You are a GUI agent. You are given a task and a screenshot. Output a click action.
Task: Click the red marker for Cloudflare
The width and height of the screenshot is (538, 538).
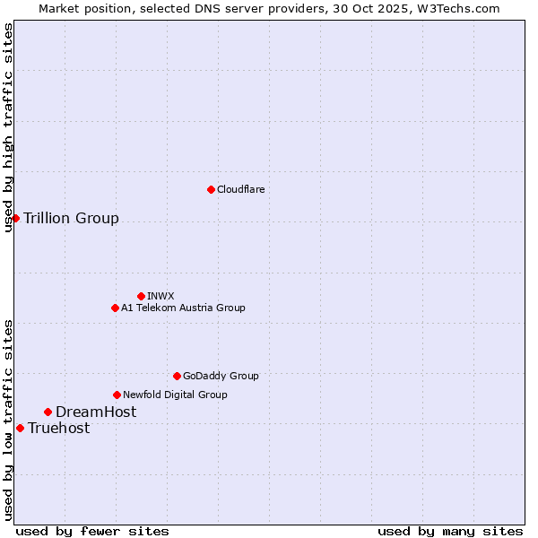pyautogui.click(x=211, y=189)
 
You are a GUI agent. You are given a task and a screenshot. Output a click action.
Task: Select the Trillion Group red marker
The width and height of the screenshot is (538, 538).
pyautogui.click(x=15, y=218)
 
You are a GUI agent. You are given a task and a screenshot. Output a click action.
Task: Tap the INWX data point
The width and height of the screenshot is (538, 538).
pyautogui.click(x=141, y=296)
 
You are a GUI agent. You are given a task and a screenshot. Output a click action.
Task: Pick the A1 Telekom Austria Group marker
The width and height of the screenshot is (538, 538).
pyautogui.click(x=115, y=308)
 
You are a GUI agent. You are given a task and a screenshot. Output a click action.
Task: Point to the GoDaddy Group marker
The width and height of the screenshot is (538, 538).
pyautogui.click(x=177, y=376)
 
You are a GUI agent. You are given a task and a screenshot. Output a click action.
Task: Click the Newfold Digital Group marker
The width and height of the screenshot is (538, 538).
pyautogui.click(x=117, y=395)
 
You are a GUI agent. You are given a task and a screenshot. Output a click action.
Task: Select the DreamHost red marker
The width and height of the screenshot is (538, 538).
pyautogui.click(x=48, y=412)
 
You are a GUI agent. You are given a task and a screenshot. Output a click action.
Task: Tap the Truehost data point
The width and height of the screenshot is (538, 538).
pyautogui.click(x=20, y=428)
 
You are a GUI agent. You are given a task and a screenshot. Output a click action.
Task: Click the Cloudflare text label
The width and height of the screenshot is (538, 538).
pyautogui.click(x=240, y=189)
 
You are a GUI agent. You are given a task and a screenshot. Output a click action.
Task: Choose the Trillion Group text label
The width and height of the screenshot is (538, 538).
pyautogui.click(x=71, y=218)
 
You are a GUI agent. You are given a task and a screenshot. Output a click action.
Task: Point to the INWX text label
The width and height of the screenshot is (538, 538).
pyautogui.click(x=161, y=296)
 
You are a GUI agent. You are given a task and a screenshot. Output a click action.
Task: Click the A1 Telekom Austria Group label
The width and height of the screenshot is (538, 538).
pyautogui.click(x=183, y=308)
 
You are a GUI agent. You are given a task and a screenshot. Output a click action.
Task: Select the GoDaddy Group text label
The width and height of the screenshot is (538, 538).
pyautogui.click(x=221, y=376)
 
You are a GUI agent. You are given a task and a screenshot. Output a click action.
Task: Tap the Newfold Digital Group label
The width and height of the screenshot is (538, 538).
pyautogui.click(x=175, y=395)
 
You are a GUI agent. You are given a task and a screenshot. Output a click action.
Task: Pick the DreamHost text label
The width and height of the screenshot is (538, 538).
pyautogui.click(x=96, y=412)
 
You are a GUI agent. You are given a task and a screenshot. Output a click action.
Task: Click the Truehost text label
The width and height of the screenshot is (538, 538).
pyautogui.click(x=58, y=428)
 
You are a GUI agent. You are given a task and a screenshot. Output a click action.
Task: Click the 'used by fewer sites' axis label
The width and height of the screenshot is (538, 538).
pyautogui.click(x=92, y=531)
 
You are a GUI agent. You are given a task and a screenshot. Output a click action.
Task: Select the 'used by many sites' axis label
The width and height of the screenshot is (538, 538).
pyautogui.click(x=450, y=531)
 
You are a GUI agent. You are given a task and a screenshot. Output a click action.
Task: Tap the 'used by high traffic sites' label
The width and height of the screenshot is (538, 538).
pyautogui.click(x=8, y=127)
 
